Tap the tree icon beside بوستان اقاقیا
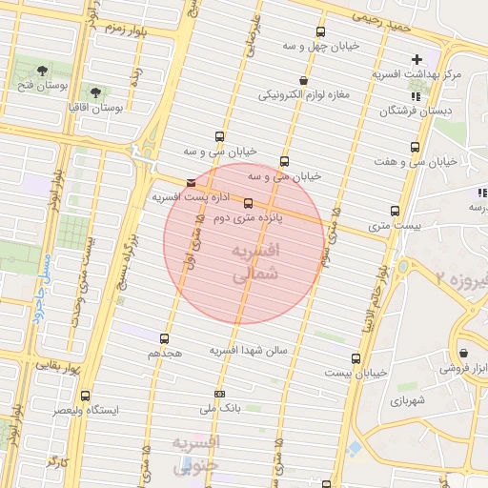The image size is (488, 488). click(95, 92)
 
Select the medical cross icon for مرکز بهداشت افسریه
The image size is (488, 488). click(417, 60)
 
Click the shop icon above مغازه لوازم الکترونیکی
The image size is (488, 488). click(303, 81)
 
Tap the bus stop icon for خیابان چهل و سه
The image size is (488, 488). click(319, 31)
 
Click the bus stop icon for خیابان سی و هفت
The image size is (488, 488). click(415, 147)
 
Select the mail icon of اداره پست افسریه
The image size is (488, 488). click(193, 183)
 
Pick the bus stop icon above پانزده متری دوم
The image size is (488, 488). click(248, 203)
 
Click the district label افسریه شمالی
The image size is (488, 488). click(254, 261)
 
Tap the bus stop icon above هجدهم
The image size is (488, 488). click(165, 338)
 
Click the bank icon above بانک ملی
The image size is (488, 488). click(221, 394)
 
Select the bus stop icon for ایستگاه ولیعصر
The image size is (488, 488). click(86, 396)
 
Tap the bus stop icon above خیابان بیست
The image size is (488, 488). click(356, 358)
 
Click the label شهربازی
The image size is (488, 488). click(410, 401)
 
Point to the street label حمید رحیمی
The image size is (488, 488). click(380, 18)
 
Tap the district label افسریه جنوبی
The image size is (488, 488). click(197, 454)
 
